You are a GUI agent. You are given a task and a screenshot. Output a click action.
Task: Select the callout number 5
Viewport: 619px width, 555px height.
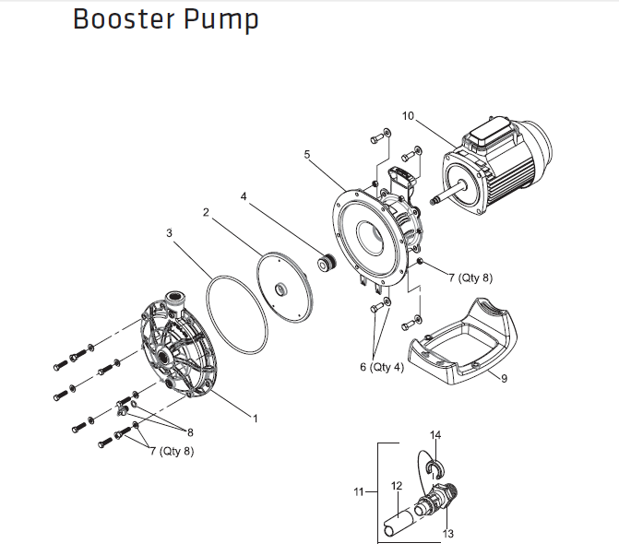point(306,155)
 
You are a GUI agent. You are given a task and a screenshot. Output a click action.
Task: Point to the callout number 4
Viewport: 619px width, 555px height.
point(244,196)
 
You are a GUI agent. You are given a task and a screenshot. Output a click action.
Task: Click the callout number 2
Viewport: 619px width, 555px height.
point(207,213)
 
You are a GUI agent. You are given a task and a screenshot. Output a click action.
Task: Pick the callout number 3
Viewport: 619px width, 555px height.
point(169,233)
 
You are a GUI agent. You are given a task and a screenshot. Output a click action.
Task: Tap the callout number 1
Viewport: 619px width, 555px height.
point(255,418)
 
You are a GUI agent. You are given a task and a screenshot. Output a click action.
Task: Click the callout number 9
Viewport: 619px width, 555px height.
point(504,378)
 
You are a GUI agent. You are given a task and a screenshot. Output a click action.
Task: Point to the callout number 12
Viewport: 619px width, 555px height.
point(396,486)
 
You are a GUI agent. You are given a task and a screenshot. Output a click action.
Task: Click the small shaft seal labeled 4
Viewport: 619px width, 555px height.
point(323,264)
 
